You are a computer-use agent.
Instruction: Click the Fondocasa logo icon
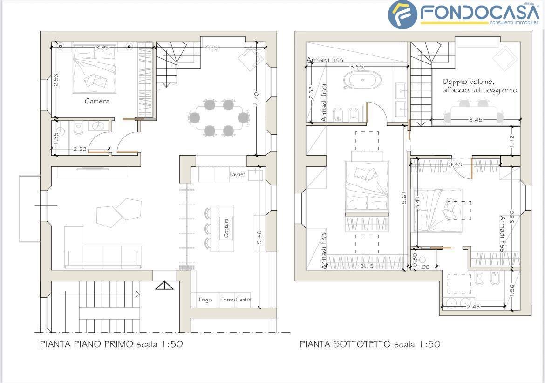402,14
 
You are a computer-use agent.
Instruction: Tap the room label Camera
97,101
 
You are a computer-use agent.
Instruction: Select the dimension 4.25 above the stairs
212,47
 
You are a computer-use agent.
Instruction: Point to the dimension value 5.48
259,238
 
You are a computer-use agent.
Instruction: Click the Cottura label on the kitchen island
226,228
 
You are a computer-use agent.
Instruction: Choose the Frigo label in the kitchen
205,300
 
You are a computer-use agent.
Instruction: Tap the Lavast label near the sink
237,174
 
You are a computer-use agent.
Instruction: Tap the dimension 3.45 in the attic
476,120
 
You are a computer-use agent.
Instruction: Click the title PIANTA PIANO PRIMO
87,344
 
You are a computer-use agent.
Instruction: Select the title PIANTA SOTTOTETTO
345,344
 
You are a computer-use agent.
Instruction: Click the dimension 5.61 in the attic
404,199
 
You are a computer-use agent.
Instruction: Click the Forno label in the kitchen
227,300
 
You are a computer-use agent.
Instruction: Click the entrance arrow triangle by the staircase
164,285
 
